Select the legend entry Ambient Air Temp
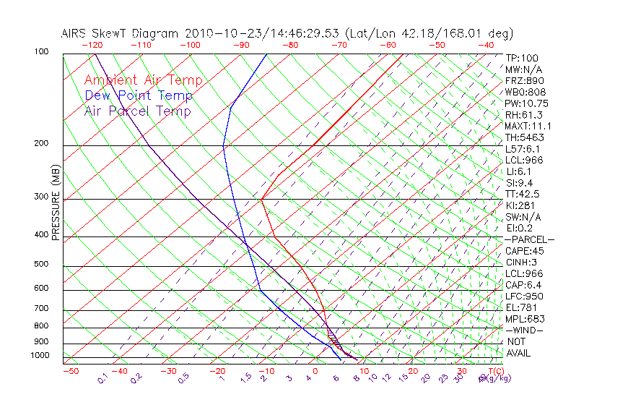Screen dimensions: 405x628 pos(144,80)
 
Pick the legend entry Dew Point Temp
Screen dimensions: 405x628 pos(139,95)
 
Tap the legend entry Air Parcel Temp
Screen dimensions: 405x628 pos(138,111)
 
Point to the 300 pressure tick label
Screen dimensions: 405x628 pos(42,196)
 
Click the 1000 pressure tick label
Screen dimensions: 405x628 pos(40,355)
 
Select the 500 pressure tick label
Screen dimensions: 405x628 pos(42,264)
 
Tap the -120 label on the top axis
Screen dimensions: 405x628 pos(92,45)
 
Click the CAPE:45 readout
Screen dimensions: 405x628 pos(525,251)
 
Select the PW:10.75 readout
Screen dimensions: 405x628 pos(525,103)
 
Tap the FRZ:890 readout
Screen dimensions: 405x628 pos(523,81)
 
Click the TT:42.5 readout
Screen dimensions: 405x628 pos(523,194)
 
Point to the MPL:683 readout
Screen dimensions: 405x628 pos(525,319)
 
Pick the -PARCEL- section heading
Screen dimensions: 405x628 pos(529,239)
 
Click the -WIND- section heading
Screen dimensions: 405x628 pos(525,330)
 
